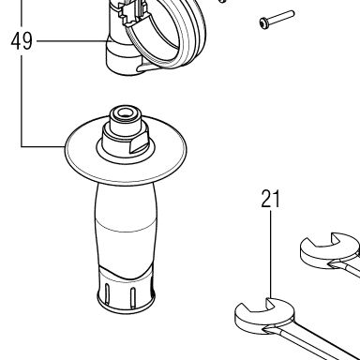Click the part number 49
pos(22,41)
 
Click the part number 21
pos(271,199)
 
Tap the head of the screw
pos(263,22)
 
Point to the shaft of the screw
pos(280,17)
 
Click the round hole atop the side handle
pos(125,112)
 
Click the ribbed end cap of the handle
pos(126,292)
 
